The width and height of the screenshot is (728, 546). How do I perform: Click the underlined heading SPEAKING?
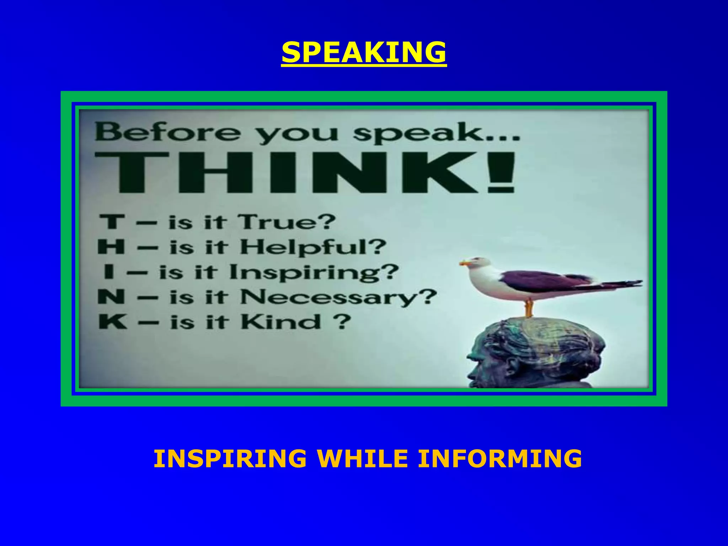point(364,52)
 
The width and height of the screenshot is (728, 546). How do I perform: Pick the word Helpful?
point(313,247)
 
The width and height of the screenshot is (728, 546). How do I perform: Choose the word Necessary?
point(338,297)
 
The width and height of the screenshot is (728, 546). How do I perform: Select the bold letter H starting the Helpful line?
point(111,247)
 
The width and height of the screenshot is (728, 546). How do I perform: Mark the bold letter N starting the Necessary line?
point(111,297)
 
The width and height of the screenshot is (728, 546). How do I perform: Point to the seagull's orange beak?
point(464,263)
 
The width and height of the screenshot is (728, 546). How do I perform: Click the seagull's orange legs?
point(529,308)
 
